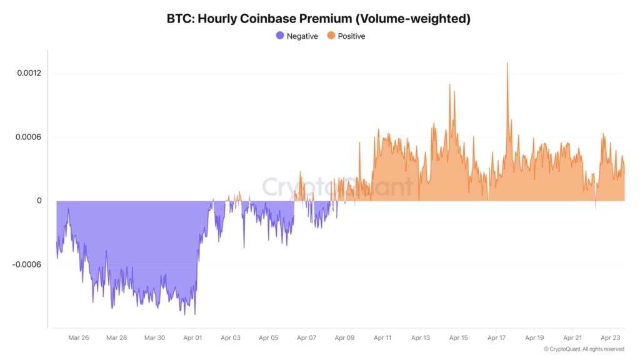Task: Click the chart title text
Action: pyautogui.click(x=318, y=19)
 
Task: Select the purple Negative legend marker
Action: pyautogui.click(x=280, y=36)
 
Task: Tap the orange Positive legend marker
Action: pyautogui.click(x=331, y=36)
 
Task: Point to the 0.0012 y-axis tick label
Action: pyautogui.click(x=29, y=73)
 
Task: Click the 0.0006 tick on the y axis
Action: pyautogui.click(x=29, y=137)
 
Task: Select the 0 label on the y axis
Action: pyautogui.click(x=39, y=201)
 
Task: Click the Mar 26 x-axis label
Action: pyautogui.click(x=79, y=337)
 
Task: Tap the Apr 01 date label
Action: pyautogui.click(x=192, y=337)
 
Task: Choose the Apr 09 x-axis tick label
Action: pyautogui.click(x=344, y=337)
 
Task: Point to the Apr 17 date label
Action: pyautogui.click(x=496, y=337)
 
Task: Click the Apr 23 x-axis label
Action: pyautogui.click(x=610, y=337)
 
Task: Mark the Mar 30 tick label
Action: pyautogui.click(x=154, y=337)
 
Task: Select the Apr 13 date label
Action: pyautogui.click(x=420, y=337)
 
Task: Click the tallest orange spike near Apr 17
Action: pyautogui.click(x=507, y=64)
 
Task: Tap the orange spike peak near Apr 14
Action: pyautogui.click(x=450, y=84)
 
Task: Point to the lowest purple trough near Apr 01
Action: pyautogui.click(x=195, y=314)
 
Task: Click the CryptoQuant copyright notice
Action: pyautogui.click(x=584, y=349)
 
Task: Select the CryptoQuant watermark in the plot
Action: pyautogui.click(x=337, y=186)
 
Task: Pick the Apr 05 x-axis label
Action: pyautogui.click(x=268, y=337)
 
